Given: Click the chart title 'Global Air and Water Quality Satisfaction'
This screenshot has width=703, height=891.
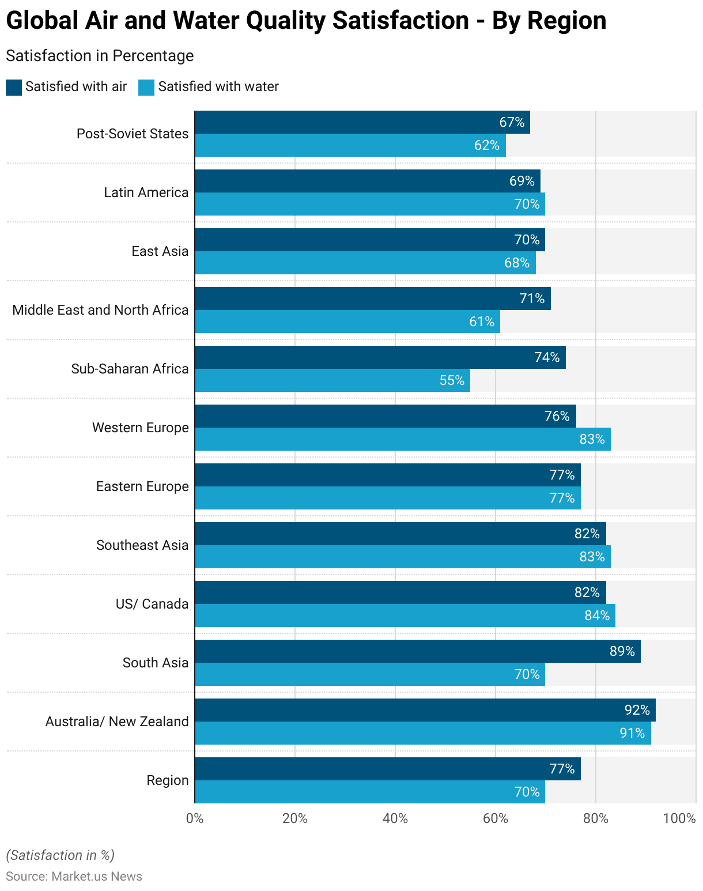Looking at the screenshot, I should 306,21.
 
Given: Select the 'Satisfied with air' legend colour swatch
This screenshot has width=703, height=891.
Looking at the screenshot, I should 14,87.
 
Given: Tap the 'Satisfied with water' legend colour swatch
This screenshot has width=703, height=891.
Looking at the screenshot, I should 146,87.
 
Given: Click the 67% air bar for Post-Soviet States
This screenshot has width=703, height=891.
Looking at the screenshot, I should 362,122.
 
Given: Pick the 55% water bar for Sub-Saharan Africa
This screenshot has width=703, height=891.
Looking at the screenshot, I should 332,380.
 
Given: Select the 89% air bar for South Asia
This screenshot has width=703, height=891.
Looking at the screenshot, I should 417,651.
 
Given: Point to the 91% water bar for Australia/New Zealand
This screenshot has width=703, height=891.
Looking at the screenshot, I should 422,733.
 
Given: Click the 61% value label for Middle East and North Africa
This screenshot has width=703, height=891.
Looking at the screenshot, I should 482,322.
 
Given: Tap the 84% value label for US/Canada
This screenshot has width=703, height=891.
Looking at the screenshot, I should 597,616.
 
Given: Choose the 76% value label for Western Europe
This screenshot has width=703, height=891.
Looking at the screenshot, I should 557,416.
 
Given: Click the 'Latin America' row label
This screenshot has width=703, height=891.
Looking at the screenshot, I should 146,192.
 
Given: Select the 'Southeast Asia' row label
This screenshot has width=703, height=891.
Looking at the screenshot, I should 142,545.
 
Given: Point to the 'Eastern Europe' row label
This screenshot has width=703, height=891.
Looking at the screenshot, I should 142,486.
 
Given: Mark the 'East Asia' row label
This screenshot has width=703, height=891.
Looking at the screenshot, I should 160,251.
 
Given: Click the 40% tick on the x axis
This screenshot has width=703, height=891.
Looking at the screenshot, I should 395,818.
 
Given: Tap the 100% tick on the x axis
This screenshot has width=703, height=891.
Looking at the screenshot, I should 679,818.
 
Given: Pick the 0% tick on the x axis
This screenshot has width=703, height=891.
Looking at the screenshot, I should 195,818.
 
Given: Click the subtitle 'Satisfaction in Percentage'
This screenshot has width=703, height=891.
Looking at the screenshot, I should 100,56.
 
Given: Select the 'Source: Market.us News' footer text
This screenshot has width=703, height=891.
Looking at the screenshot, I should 74,876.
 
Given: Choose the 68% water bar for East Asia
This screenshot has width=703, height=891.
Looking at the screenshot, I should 365,263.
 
